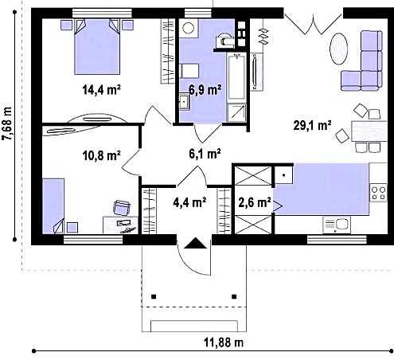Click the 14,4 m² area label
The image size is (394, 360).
[x=101, y=89]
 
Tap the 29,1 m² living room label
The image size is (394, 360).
[x=312, y=125]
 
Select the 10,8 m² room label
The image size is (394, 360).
[x=102, y=155]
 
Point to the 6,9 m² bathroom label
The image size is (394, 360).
[x=205, y=90]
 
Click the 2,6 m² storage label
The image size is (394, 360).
[x=255, y=202]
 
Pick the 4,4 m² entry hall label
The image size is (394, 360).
[x=189, y=202]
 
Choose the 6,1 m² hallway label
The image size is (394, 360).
[x=205, y=154]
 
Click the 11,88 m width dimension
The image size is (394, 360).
[x=224, y=342]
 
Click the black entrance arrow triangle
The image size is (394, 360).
[x=195, y=243]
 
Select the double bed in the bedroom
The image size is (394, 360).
[x=97, y=46]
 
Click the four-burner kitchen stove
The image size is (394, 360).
[x=379, y=193]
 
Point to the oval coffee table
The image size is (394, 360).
[x=338, y=49]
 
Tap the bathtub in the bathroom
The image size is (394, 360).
[x=236, y=76]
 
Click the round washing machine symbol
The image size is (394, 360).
[x=189, y=28]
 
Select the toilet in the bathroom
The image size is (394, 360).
[x=225, y=40]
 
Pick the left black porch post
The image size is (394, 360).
[x=154, y=296]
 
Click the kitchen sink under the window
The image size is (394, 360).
[x=337, y=225]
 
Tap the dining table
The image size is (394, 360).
[x=369, y=131]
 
